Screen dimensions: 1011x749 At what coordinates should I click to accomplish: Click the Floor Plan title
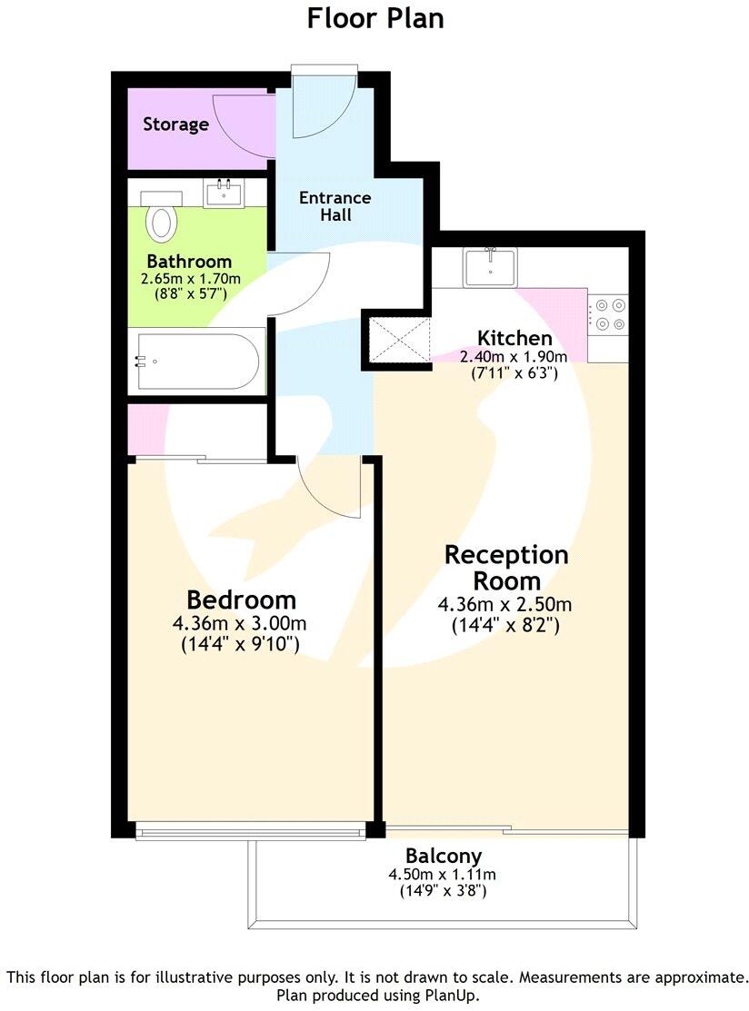[374, 18]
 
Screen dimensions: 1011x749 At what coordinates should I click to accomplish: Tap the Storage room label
[175, 124]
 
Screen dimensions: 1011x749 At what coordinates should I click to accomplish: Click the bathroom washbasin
[222, 193]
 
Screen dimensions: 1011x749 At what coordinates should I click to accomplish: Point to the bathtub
[199, 361]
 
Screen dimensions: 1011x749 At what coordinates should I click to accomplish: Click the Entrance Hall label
[335, 206]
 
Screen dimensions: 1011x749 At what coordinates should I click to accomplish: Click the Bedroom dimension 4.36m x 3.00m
[239, 624]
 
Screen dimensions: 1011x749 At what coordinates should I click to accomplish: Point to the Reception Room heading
[505, 567]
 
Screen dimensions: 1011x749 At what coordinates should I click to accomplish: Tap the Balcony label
[444, 856]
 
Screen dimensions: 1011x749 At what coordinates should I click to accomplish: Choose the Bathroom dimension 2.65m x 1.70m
[190, 279]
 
